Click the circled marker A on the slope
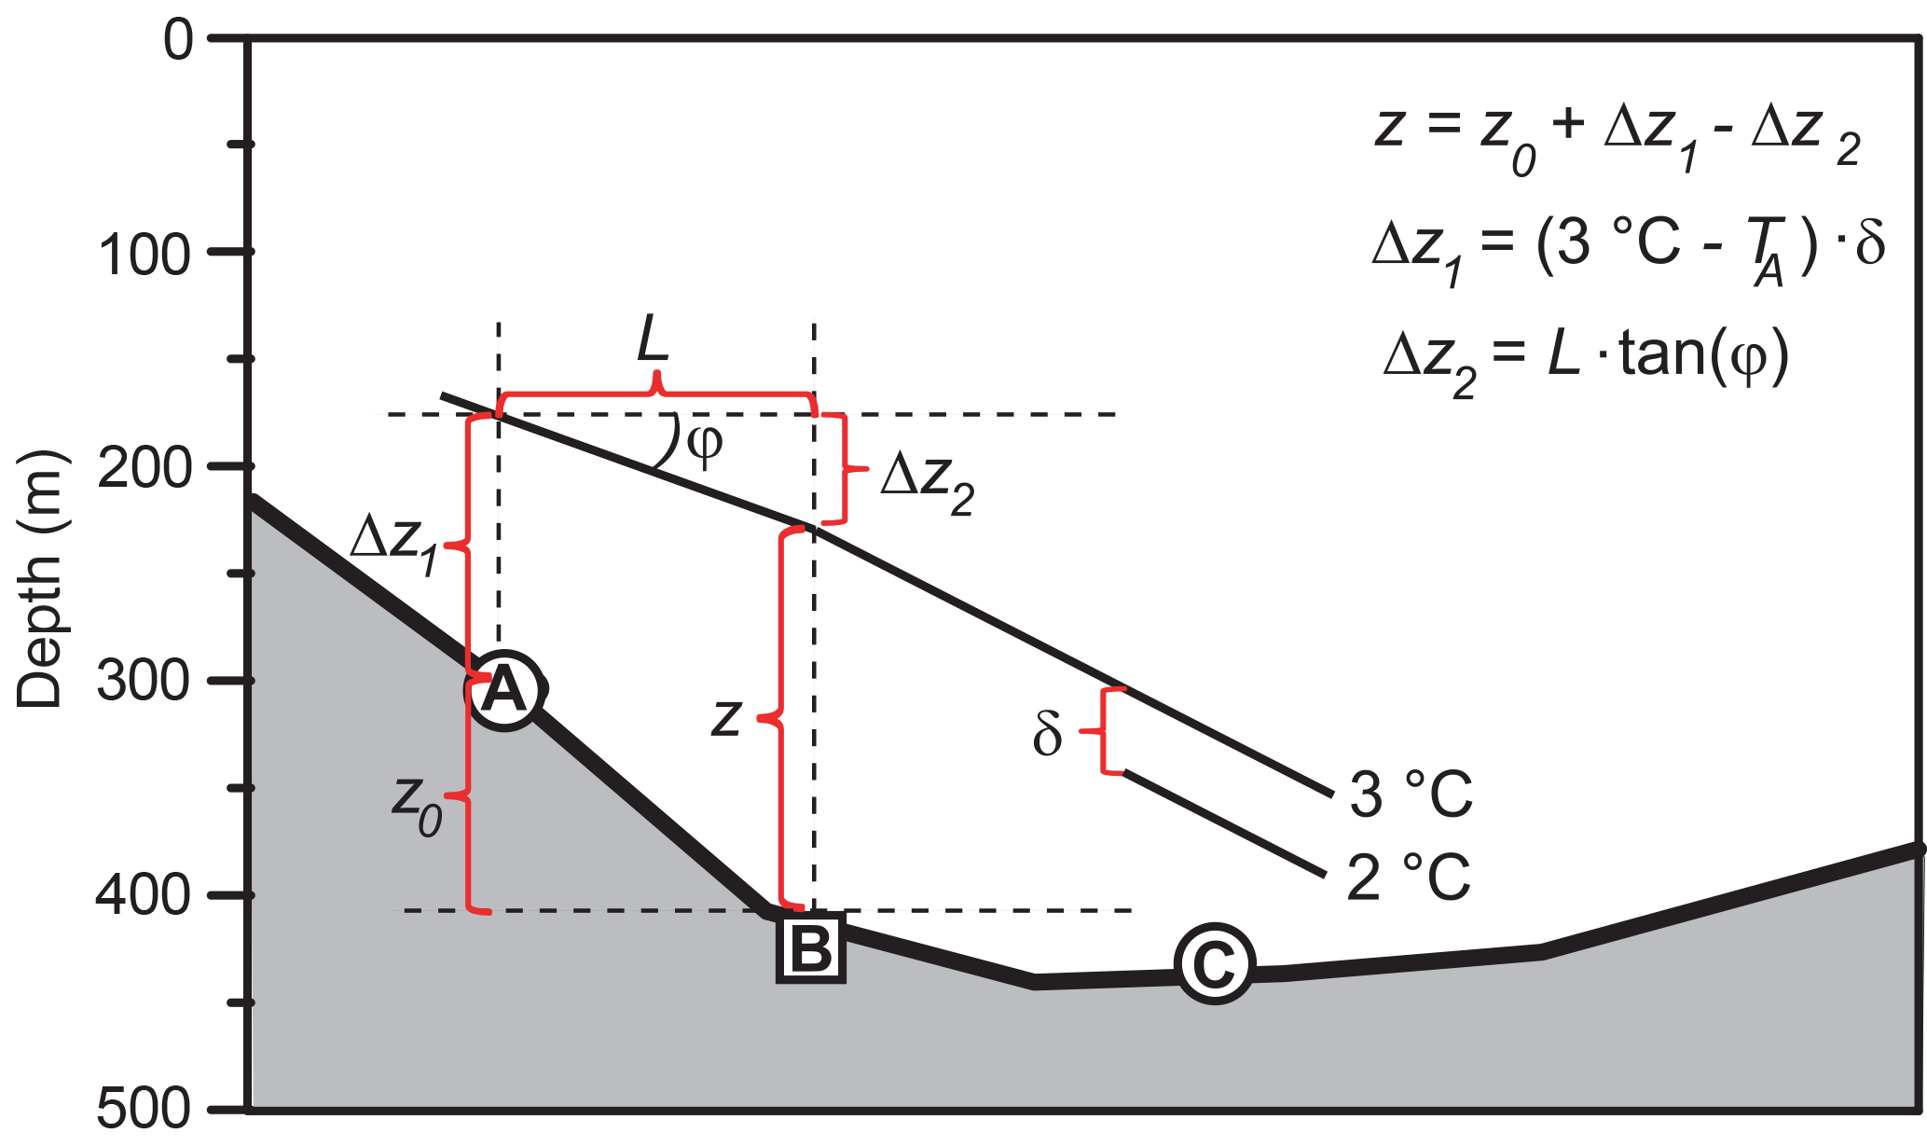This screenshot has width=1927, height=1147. (x=504, y=691)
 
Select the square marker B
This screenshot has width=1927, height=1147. (x=810, y=948)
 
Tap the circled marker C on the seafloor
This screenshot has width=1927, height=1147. (x=1214, y=964)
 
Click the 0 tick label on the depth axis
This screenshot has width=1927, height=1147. (x=179, y=41)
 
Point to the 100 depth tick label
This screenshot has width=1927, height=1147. (x=145, y=254)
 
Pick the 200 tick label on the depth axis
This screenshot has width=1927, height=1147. (x=145, y=468)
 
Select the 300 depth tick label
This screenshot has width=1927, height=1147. (x=145, y=682)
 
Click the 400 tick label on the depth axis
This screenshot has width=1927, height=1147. (x=145, y=895)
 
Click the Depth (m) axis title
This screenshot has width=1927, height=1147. (x=39, y=580)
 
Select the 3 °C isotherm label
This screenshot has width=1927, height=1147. (x=1411, y=795)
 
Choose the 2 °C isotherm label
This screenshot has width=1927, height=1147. (x=1409, y=878)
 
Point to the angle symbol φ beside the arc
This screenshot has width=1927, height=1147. (x=705, y=446)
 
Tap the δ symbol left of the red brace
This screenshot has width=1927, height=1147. (x=1047, y=734)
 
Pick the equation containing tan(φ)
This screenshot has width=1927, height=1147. (x=1586, y=361)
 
